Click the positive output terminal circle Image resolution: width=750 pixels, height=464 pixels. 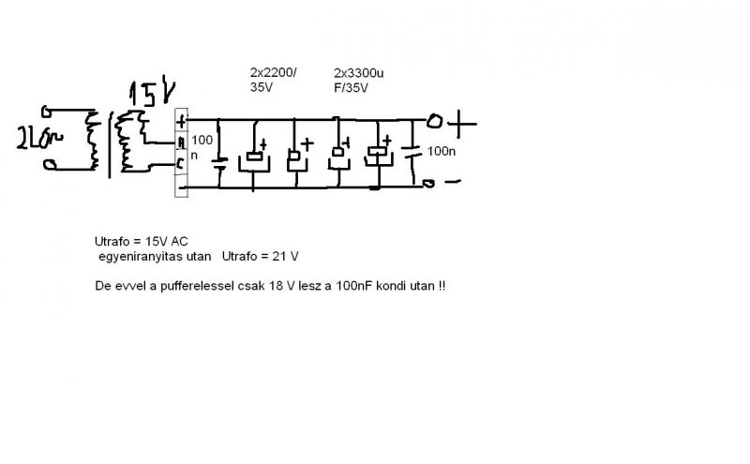434,121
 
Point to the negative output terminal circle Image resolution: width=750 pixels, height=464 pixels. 428,184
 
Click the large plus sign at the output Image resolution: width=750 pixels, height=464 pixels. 464,121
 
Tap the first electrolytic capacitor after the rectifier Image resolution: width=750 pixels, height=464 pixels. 253,157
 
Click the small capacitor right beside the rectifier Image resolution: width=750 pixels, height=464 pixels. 219,161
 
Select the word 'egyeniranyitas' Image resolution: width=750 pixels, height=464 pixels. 136,255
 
